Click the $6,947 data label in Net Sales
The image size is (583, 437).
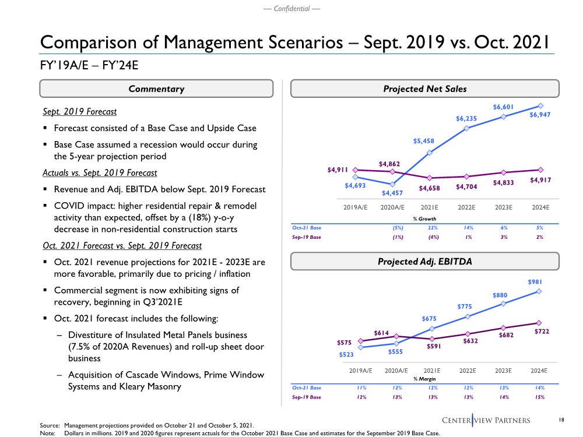(x=539, y=115)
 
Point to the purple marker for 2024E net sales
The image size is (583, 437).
(x=540, y=170)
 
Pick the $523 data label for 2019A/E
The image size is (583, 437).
(x=348, y=354)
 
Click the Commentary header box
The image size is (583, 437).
(x=156, y=89)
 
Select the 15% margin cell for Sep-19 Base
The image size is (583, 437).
(x=539, y=397)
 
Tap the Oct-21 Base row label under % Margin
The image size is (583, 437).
(x=307, y=387)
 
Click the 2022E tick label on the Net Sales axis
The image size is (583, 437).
(x=468, y=207)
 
